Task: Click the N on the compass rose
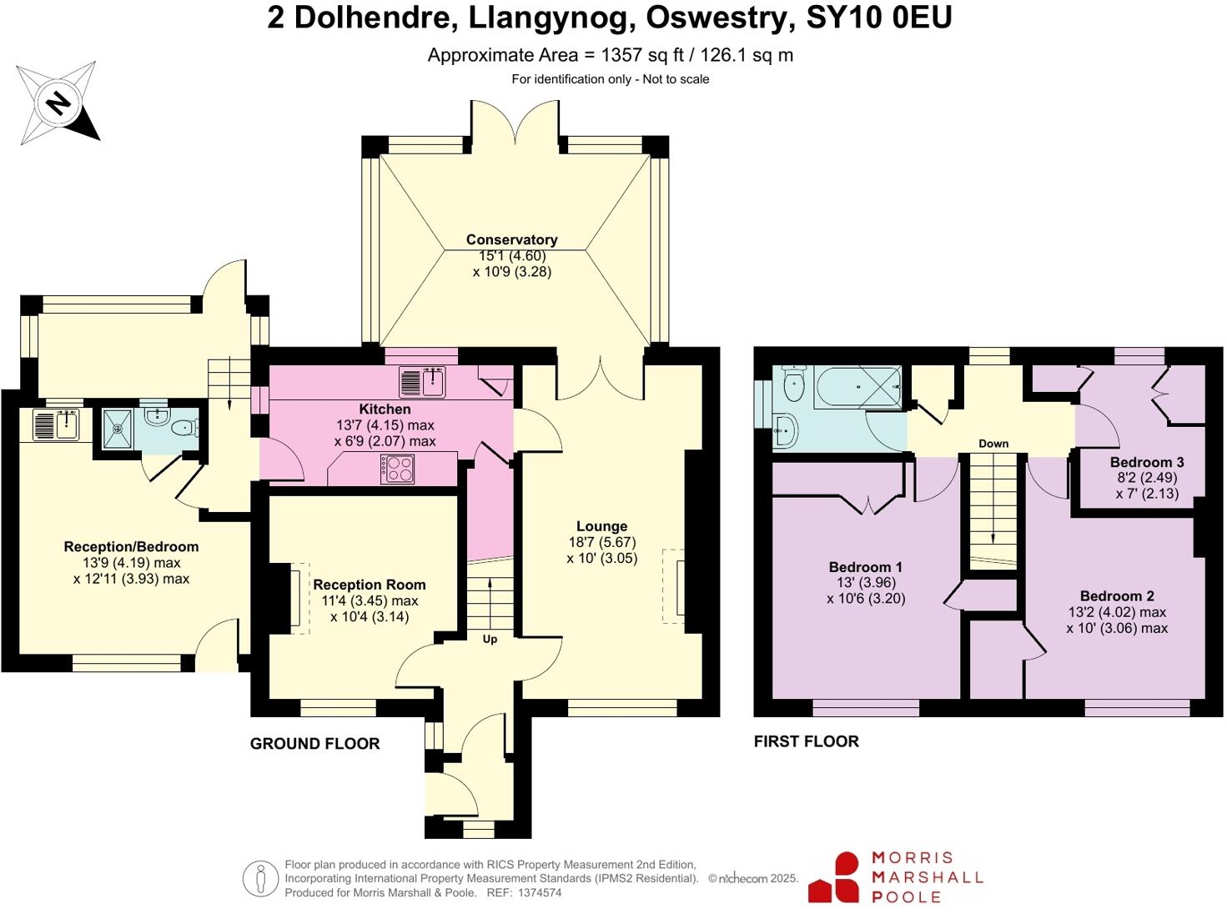(x=58, y=103)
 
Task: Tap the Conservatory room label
(x=511, y=239)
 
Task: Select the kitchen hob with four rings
(x=397, y=469)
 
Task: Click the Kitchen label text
(x=385, y=409)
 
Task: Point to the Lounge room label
(x=602, y=526)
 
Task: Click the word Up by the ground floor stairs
(x=490, y=639)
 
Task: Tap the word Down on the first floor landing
(x=993, y=443)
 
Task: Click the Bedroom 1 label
(x=866, y=566)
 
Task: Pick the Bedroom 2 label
(x=1117, y=596)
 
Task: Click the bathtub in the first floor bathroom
(x=857, y=388)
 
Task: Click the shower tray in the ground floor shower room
(x=118, y=428)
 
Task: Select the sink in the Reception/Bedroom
(x=57, y=424)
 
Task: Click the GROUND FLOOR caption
(x=314, y=744)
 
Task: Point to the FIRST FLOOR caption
(x=806, y=741)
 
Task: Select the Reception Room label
(x=370, y=585)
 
